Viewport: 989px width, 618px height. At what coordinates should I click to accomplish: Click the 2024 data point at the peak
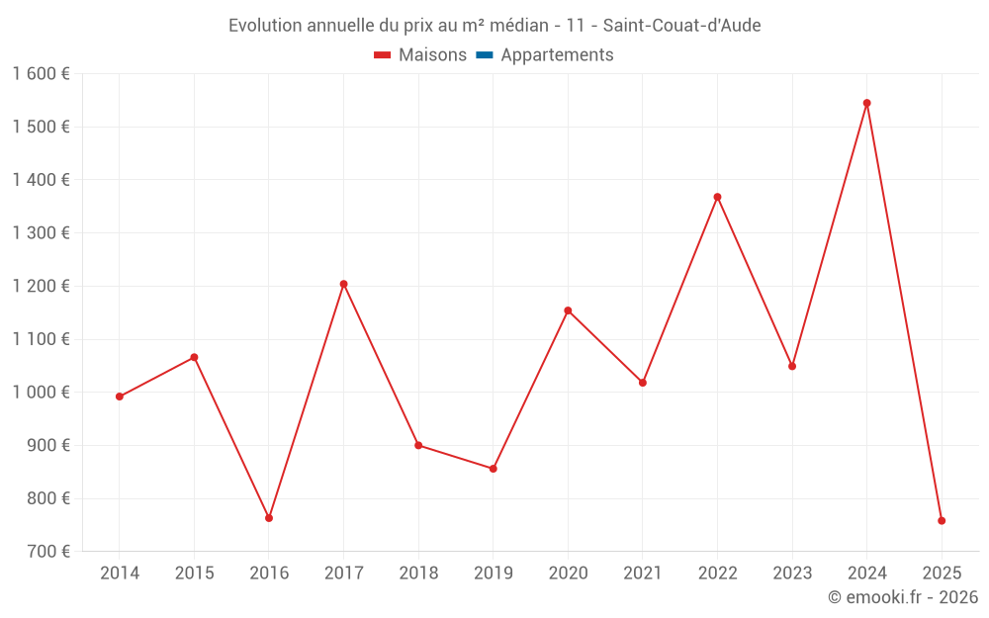(x=866, y=103)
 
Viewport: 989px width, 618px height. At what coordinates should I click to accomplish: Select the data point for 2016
(x=269, y=518)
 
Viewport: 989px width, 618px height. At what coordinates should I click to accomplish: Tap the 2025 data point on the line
(x=942, y=520)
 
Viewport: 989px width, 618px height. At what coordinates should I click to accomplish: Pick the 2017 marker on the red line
(x=343, y=284)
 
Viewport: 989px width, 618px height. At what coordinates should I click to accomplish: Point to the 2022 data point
(x=717, y=197)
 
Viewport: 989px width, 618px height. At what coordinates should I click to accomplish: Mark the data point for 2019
(x=493, y=469)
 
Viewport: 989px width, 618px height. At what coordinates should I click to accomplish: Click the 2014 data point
(x=120, y=397)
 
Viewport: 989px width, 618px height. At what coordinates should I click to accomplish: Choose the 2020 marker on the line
(x=568, y=310)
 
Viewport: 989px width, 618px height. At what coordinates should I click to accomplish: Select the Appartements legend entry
(x=557, y=55)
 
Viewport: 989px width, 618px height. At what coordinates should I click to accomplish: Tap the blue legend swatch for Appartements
(x=484, y=55)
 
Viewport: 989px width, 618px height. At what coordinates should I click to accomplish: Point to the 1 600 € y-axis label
(x=41, y=74)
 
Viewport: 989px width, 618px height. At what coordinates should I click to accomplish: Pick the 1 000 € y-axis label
(x=41, y=393)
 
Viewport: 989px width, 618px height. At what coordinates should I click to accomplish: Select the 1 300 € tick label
(x=41, y=233)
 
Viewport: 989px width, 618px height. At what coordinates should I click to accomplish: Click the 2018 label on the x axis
(x=418, y=574)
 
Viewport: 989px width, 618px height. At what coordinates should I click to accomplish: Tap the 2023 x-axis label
(x=792, y=574)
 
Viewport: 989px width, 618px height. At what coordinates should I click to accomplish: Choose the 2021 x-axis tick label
(x=643, y=574)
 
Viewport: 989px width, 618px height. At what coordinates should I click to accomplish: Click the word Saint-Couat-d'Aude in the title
(x=681, y=26)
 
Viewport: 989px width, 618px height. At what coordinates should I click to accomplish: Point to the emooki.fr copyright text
(x=903, y=597)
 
